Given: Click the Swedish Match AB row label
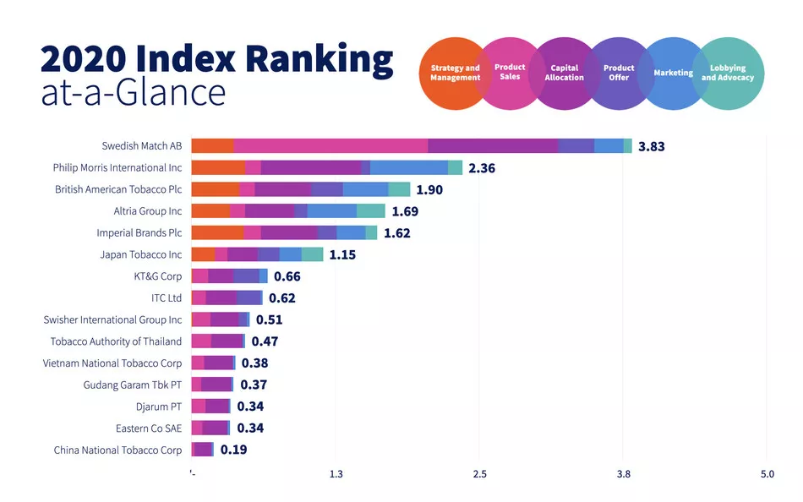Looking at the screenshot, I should pyautogui.click(x=141, y=146).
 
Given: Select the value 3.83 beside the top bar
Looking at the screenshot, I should pyautogui.click(x=651, y=146).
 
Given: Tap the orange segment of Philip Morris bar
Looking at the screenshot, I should pyautogui.click(x=217, y=167).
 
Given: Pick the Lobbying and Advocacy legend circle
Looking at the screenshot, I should pyautogui.click(x=728, y=73).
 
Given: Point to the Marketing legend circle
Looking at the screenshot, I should pyautogui.click(x=673, y=73).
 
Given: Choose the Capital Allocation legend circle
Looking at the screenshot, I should pyautogui.click(x=564, y=73).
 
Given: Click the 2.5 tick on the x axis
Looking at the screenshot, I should pyautogui.click(x=479, y=474).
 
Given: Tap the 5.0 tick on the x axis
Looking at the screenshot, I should pyautogui.click(x=767, y=474).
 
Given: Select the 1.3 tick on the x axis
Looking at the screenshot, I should pyautogui.click(x=336, y=474).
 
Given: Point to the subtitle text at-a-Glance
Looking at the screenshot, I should pyautogui.click(x=133, y=92).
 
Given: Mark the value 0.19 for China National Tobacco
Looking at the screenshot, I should pyautogui.click(x=233, y=450).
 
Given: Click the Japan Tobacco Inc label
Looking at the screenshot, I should pyautogui.click(x=140, y=254).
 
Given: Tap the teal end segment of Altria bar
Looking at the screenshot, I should pyautogui.click(x=370, y=211).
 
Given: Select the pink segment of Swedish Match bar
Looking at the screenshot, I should pyautogui.click(x=330, y=146).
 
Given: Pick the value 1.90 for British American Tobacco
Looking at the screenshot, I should pyautogui.click(x=429, y=189).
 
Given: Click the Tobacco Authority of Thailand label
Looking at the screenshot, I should pyautogui.click(x=116, y=341).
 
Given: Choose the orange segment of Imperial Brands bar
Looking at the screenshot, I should pyautogui.click(x=217, y=232).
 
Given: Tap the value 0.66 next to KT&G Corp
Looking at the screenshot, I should pyautogui.click(x=287, y=276).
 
